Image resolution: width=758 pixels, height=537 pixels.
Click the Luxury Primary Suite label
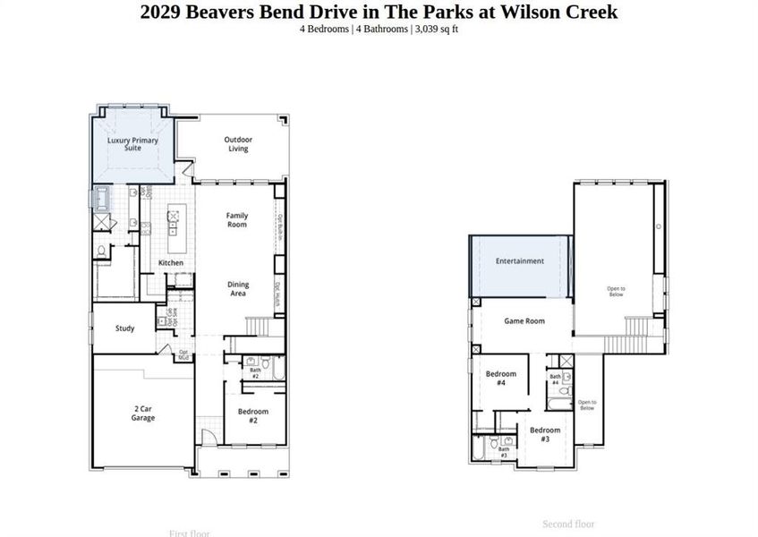click(x=132, y=144)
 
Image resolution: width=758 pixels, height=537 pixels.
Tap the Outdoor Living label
click(x=237, y=143)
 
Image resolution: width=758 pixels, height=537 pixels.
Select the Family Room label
click(x=236, y=219)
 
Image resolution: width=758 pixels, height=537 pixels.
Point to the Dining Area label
click(x=237, y=288)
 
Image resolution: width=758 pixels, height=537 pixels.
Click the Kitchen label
click(x=171, y=263)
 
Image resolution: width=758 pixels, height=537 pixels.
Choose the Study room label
click(x=124, y=328)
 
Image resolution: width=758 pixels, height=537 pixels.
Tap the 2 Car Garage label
click(x=142, y=413)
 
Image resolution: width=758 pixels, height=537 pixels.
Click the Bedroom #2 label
click(x=253, y=415)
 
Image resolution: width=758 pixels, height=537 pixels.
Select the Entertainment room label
click(x=520, y=261)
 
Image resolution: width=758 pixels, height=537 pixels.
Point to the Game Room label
click(x=524, y=321)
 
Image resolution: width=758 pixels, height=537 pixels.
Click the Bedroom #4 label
click(x=501, y=378)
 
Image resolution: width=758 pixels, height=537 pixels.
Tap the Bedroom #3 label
click(x=545, y=434)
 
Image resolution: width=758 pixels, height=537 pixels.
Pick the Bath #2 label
click(x=255, y=373)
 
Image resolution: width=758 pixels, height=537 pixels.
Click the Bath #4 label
click(x=555, y=379)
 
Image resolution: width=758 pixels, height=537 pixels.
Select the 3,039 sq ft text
click(x=436, y=30)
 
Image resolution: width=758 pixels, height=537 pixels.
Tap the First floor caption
click(x=189, y=533)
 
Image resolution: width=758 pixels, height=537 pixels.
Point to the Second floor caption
click(x=568, y=524)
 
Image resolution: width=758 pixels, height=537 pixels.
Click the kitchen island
click(x=174, y=228)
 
